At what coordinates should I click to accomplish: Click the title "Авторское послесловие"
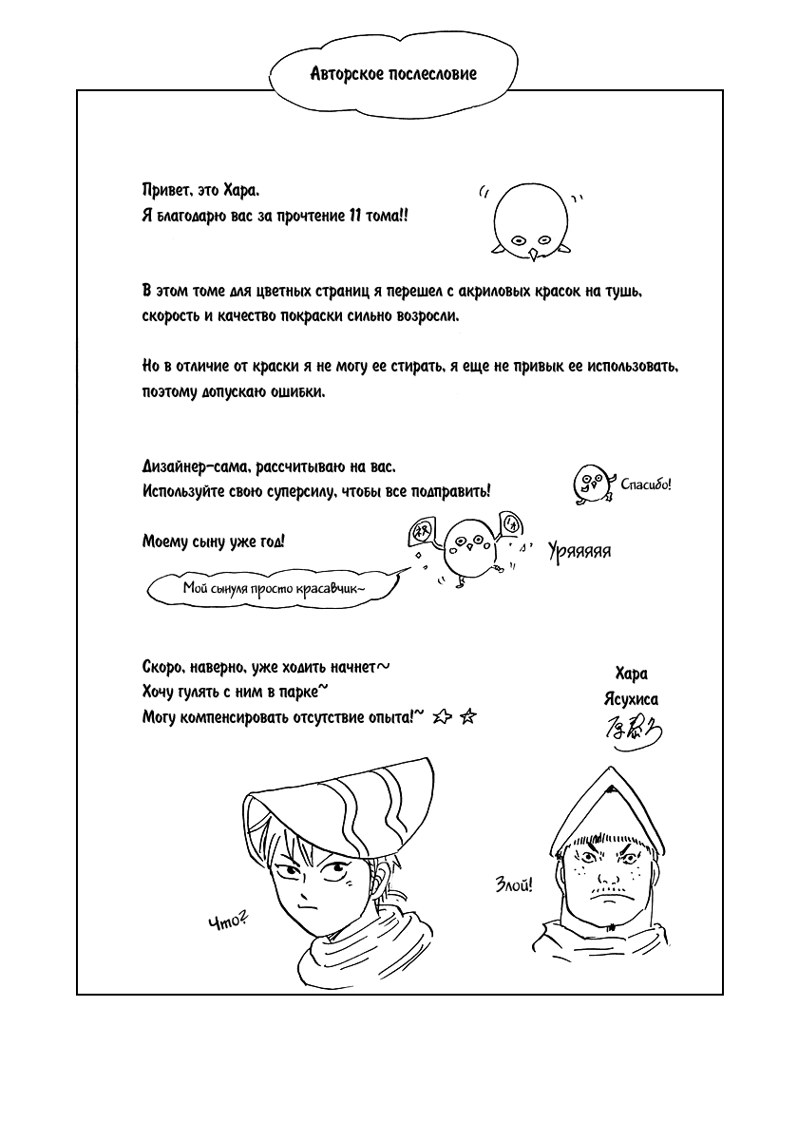tap(393, 73)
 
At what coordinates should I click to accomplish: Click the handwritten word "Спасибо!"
tap(645, 485)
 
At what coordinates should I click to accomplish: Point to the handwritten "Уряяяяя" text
tap(579, 551)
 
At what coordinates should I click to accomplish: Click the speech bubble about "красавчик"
tap(275, 588)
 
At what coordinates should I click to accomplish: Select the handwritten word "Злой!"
tap(514, 885)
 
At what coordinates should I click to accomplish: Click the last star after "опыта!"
tap(466, 718)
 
